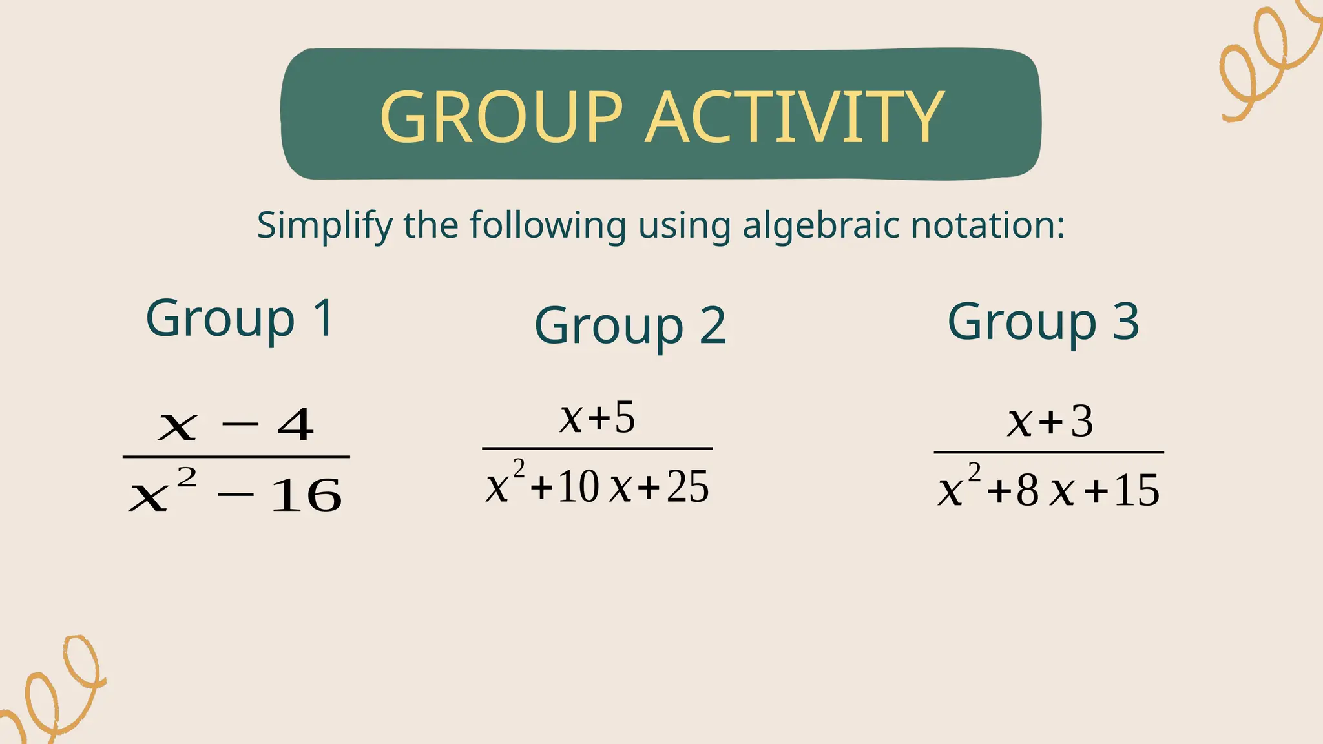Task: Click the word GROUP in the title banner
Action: [x=501, y=117]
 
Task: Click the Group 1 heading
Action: [x=240, y=318]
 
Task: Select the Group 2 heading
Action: [x=630, y=326]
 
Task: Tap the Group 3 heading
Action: [x=1043, y=322]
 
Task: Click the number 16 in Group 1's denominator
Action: [x=306, y=496]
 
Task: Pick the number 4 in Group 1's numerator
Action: [x=295, y=426]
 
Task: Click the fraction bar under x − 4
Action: [x=236, y=457]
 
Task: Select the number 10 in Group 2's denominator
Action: [x=578, y=487]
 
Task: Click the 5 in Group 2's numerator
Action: [x=625, y=417]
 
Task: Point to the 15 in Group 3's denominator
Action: [x=1137, y=491]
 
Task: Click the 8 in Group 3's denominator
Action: [x=1027, y=491]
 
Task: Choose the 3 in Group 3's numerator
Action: [x=1082, y=422]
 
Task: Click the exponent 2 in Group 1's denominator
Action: [x=187, y=479]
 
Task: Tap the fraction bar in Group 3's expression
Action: [x=1048, y=452]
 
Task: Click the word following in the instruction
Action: [x=547, y=226]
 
